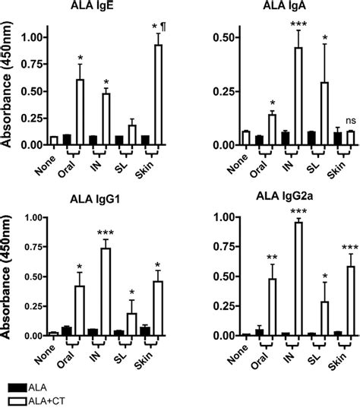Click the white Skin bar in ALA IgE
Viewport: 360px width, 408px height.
[x=159, y=95]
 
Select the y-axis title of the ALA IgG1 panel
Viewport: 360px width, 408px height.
[x=7, y=277]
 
